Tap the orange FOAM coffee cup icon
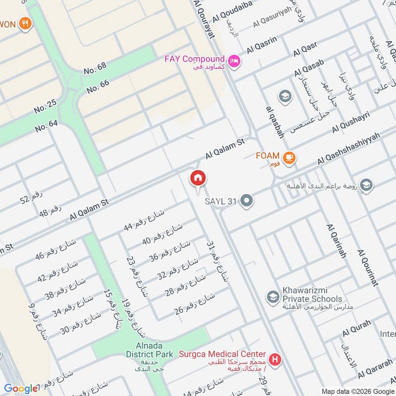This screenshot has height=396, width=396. (290, 158)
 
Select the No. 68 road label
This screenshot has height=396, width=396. (95, 68)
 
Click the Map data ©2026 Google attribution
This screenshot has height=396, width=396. (356, 391)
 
